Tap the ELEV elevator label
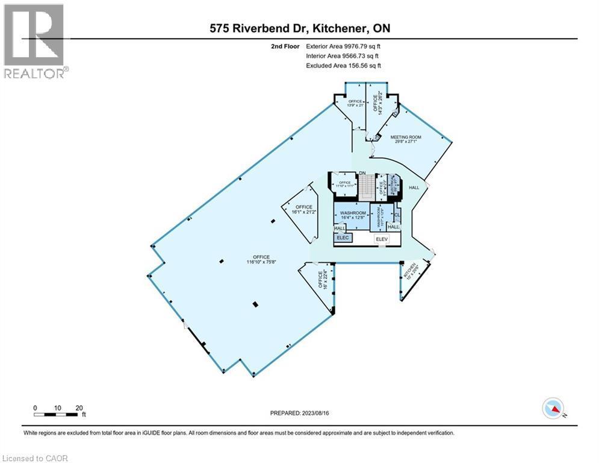(380, 239)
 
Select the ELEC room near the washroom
(343, 238)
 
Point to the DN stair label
(362, 174)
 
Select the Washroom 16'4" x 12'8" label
(353, 215)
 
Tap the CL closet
(397, 214)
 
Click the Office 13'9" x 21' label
(355, 103)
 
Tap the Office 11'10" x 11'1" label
(344, 184)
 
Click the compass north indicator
(553, 409)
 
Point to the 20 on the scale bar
(79, 407)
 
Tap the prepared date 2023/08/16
(299, 413)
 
